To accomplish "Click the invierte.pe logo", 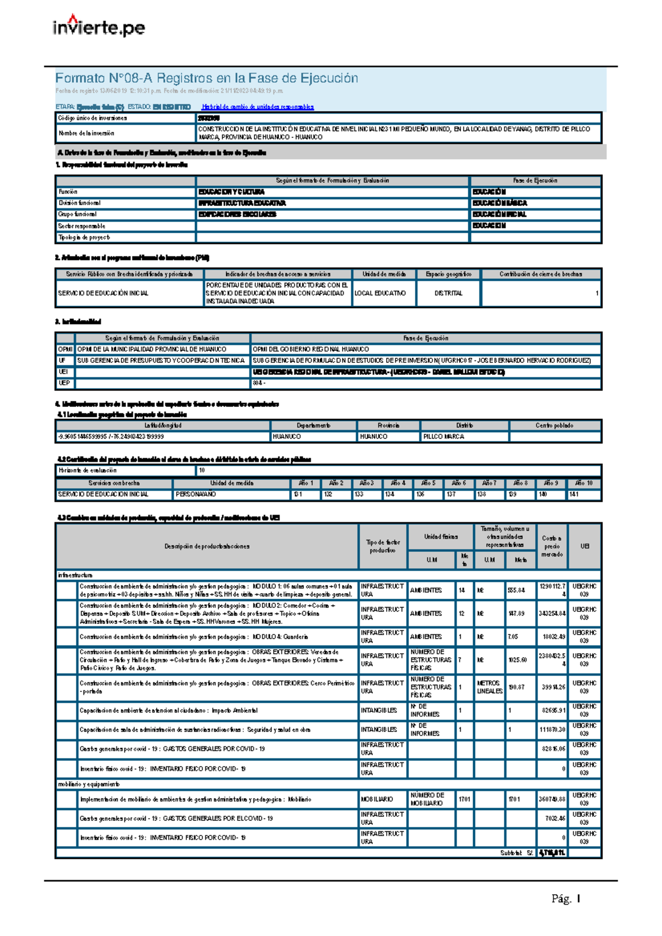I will [99, 26].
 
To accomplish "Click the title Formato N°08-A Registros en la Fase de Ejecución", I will [206, 78].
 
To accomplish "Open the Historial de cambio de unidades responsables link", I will [258, 107].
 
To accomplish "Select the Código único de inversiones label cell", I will [93, 118].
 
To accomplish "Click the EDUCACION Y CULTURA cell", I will [231, 192].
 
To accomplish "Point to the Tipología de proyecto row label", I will [84, 238].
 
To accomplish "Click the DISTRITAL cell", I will [448, 293].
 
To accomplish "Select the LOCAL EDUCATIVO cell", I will [380, 293].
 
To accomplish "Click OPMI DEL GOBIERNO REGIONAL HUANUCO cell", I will [311, 349].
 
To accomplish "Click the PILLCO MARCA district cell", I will [444, 437].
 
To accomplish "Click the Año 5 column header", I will [428, 483].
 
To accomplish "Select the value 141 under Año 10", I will [574, 494].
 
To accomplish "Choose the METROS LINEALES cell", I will [489, 687].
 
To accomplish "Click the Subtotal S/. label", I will [516, 853].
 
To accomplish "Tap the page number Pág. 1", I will [565, 899].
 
